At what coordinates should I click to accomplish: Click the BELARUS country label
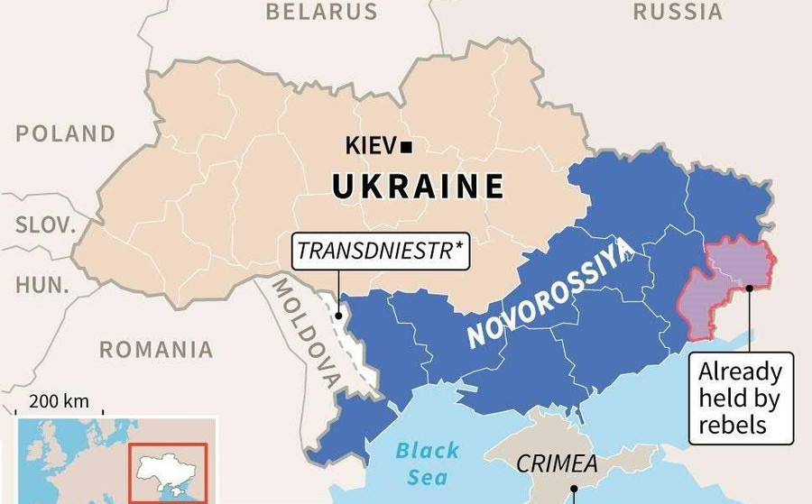tap(321, 12)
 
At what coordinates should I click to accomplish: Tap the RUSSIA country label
tap(677, 12)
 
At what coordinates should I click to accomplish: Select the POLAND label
tap(66, 134)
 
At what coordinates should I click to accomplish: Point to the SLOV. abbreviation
tap(46, 225)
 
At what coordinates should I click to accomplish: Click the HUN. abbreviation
tap(42, 286)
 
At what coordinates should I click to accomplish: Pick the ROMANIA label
tap(156, 349)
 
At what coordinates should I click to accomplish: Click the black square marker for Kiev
tap(407, 146)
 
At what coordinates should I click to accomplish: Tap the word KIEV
tap(370, 146)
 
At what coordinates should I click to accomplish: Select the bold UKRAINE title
tap(418, 187)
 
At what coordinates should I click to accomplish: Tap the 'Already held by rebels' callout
tap(740, 398)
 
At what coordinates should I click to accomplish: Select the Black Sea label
tap(427, 463)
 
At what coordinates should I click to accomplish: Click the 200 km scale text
tap(59, 401)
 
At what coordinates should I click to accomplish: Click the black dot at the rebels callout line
tap(750, 289)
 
